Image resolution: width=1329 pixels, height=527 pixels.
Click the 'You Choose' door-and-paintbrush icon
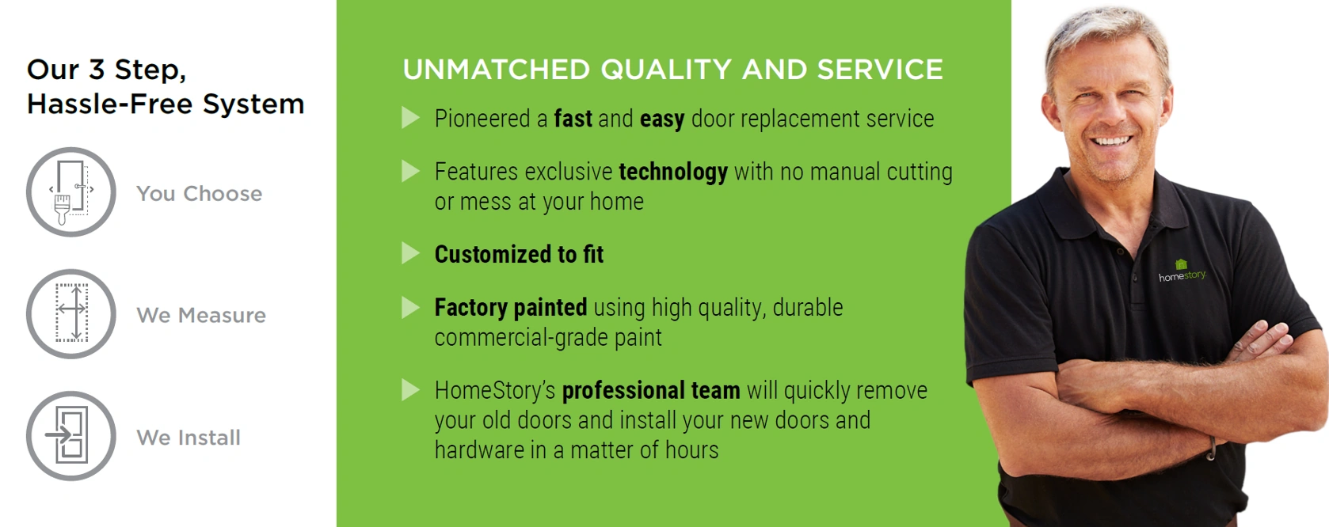coord(71,192)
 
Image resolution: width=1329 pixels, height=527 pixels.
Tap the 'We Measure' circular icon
coord(71,313)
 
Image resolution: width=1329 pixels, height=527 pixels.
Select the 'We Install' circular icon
coord(71,436)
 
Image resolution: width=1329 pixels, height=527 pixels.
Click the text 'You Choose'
coord(200,193)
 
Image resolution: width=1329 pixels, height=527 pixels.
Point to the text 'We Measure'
coord(201,315)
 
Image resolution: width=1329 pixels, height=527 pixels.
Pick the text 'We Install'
coord(188,438)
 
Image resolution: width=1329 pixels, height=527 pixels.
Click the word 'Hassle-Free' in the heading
coord(110,104)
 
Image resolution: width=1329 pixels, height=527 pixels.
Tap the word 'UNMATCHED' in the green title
coord(496,70)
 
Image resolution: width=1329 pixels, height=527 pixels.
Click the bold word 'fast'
coord(573,119)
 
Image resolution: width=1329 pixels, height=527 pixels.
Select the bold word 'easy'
coord(662,119)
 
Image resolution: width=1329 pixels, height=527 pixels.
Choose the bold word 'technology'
coord(673,173)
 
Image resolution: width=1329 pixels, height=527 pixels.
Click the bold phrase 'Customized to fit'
coord(519,254)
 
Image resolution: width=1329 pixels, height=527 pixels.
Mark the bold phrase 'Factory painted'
coord(511,308)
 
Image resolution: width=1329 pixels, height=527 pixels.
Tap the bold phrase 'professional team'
coord(651,391)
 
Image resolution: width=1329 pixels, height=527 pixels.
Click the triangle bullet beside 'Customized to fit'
coord(410,253)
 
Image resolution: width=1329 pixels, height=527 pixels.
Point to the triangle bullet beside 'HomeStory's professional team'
coord(410,389)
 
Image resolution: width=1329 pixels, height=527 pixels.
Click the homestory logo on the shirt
coord(1182,271)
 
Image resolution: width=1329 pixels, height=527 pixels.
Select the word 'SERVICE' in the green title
coord(880,70)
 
